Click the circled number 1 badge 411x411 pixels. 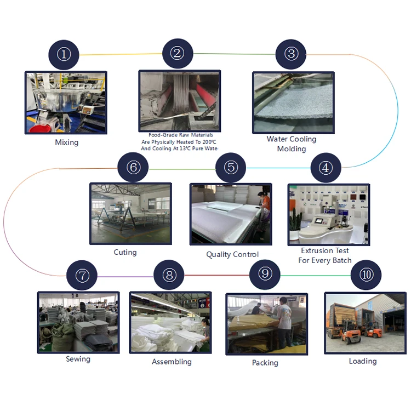pyautogui.click(x=64, y=54)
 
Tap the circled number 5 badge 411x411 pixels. pyautogui.click(x=231, y=167)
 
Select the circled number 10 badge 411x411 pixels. pyautogui.click(x=366, y=275)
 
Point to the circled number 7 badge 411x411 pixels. pyautogui.click(x=82, y=276)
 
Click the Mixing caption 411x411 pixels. pyautogui.click(x=67, y=142)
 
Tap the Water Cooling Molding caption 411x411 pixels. pyautogui.click(x=292, y=144)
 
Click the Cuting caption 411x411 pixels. pyautogui.click(x=125, y=252)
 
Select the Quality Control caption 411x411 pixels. pyautogui.click(x=232, y=254)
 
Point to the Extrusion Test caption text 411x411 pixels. pyautogui.click(x=325, y=255)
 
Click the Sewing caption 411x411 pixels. pyautogui.click(x=78, y=359)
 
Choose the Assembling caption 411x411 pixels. pyautogui.click(x=172, y=362)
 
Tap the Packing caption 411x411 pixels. pyautogui.click(x=265, y=362)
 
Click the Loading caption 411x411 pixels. pyautogui.click(x=363, y=361)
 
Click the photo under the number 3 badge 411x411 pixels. pyautogui.click(x=293, y=102)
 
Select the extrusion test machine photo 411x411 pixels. pyautogui.click(x=328, y=214)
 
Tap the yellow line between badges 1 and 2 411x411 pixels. pyautogui.click(x=120, y=54)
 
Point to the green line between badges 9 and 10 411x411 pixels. pyautogui.click(x=316, y=275)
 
